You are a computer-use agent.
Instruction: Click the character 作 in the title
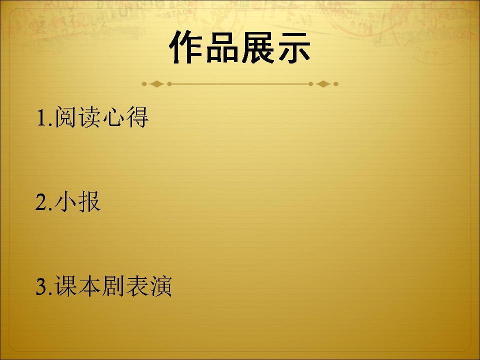coord(186,47)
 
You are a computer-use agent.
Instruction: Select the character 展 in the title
coord(258,47)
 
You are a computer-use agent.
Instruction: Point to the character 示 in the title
coord(293,47)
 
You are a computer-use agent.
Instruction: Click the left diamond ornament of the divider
coord(156,84)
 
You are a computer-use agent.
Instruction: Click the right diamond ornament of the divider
coord(323,84)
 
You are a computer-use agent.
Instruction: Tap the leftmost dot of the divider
coord(144,84)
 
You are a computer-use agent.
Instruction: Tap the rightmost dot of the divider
coord(336,84)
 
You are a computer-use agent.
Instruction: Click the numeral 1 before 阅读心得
coord(41,118)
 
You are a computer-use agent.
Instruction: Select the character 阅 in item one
coord(65,117)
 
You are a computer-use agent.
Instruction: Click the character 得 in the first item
coord(138,117)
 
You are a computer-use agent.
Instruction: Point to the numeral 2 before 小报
coord(41,202)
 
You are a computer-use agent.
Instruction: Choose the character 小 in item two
coord(65,201)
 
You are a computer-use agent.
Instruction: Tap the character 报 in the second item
coord(89,201)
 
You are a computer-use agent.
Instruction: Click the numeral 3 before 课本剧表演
coord(41,286)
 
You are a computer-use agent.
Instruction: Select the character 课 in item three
coord(65,286)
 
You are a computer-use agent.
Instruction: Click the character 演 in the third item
coord(161,286)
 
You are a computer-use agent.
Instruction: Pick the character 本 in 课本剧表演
coord(89,286)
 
